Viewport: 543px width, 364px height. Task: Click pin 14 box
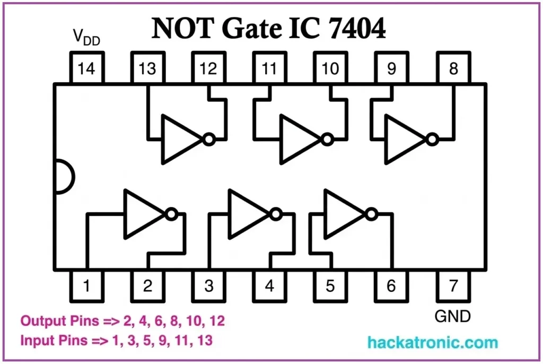(x=87, y=68)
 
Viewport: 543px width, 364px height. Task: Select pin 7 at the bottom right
(x=453, y=285)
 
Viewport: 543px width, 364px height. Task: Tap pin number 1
(x=87, y=285)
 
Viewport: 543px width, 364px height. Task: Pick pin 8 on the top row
(x=453, y=68)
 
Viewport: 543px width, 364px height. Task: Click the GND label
(x=452, y=317)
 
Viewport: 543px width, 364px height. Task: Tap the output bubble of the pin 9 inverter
(x=433, y=139)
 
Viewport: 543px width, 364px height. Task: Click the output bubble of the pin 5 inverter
(x=371, y=214)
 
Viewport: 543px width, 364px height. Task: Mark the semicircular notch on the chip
(x=64, y=177)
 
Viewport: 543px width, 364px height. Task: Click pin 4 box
(x=270, y=285)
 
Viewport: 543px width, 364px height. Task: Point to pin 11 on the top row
(x=270, y=68)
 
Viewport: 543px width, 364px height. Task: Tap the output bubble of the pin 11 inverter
(x=327, y=139)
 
